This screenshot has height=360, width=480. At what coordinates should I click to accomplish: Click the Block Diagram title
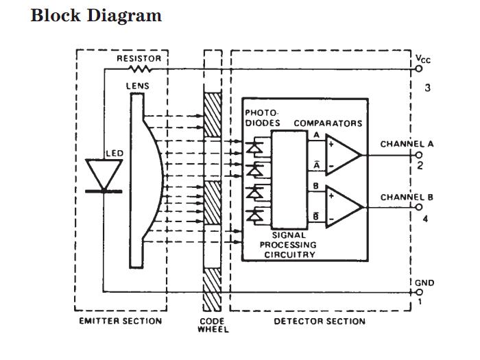click(96, 16)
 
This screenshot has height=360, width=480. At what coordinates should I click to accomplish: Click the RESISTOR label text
click(139, 58)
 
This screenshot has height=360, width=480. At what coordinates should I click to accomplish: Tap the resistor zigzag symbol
click(140, 69)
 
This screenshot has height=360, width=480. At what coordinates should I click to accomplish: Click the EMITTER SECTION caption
click(121, 321)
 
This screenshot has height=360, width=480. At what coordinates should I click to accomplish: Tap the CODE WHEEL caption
click(213, 324)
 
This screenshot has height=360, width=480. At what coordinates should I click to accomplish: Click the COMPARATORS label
click(328, 123)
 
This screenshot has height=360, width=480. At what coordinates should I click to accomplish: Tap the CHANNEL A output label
click(407, 145)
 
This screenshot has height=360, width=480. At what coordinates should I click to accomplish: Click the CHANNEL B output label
click(407, 197)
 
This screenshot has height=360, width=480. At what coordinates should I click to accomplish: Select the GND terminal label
click(424, 283)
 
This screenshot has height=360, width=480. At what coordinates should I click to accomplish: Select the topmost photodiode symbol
click(256, 146)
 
